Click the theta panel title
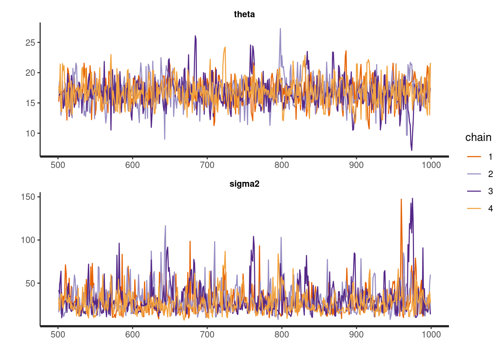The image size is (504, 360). [x=244, y=14]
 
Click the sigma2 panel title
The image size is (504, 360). [x=244, y=184]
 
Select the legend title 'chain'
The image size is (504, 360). [x=478, y=137]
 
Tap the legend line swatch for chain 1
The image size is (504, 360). [x=474, y=157]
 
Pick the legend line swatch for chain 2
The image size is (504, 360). [x=474, y=174]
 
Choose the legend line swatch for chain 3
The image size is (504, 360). [x=474, y=191]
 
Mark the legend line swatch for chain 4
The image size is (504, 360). [x=474, y=208]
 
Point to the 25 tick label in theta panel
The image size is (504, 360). [x=30, y=43]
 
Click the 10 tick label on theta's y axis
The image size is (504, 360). [x=30, y=133]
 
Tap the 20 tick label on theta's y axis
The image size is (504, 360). [x=30, y=73]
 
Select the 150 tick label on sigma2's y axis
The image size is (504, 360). [x=28, y=197]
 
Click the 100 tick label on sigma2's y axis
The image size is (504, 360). [x=28, y=240]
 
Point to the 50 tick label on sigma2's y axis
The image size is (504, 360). [x=30, y=283]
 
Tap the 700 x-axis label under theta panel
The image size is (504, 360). [x=207, y=165]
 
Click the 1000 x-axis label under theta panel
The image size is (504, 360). [x=431, y=165]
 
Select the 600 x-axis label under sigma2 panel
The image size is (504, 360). [x=132, y=334]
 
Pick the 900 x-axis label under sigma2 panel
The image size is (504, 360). [x=356, y=334]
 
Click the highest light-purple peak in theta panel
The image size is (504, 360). [x=280, y=29]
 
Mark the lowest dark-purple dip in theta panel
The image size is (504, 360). [x=411, y=150]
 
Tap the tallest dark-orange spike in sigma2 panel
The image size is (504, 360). [x=401, y=199]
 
